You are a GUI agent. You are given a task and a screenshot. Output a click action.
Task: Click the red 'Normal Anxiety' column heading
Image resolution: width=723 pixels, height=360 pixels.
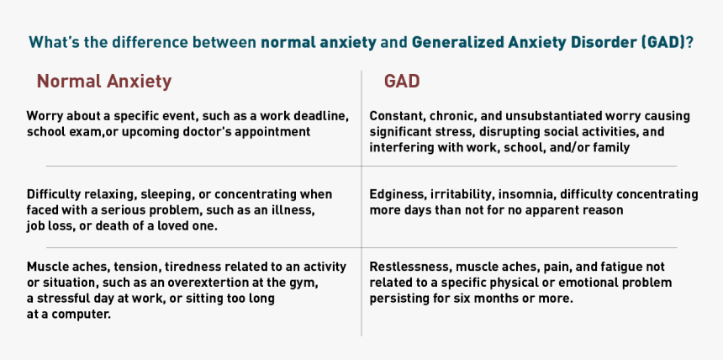pos(104,82)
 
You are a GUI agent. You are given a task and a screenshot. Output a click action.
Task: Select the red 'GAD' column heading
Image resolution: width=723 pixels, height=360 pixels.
pos(402,82)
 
